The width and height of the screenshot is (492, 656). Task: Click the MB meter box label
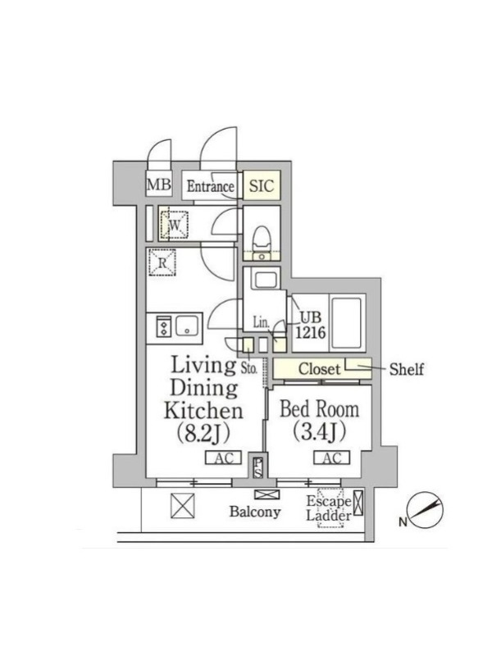[159, 184]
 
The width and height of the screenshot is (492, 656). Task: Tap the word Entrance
[210, 186]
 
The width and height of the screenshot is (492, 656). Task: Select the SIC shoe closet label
[262, 186]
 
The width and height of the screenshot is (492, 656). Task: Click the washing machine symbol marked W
[174, 225]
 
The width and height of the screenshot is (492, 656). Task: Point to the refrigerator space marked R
[162, 262]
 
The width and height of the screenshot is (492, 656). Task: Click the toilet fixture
[262, 240]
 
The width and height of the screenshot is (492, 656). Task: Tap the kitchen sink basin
[187, 326]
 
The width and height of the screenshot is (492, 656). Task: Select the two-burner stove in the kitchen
[163, 326]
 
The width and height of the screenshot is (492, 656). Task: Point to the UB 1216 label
[311, 325]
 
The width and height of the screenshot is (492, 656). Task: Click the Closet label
[319, 369]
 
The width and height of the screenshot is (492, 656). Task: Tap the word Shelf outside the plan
[406, 369]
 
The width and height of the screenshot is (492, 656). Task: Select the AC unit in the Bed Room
[332, 458]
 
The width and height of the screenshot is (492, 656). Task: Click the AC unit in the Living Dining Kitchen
[223, 458]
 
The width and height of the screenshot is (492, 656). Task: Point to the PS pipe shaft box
[258, 467]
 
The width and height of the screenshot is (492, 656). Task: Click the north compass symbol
[426, 510]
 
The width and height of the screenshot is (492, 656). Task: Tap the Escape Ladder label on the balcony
[329, 508]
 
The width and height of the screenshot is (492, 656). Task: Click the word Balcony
[255, 511]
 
